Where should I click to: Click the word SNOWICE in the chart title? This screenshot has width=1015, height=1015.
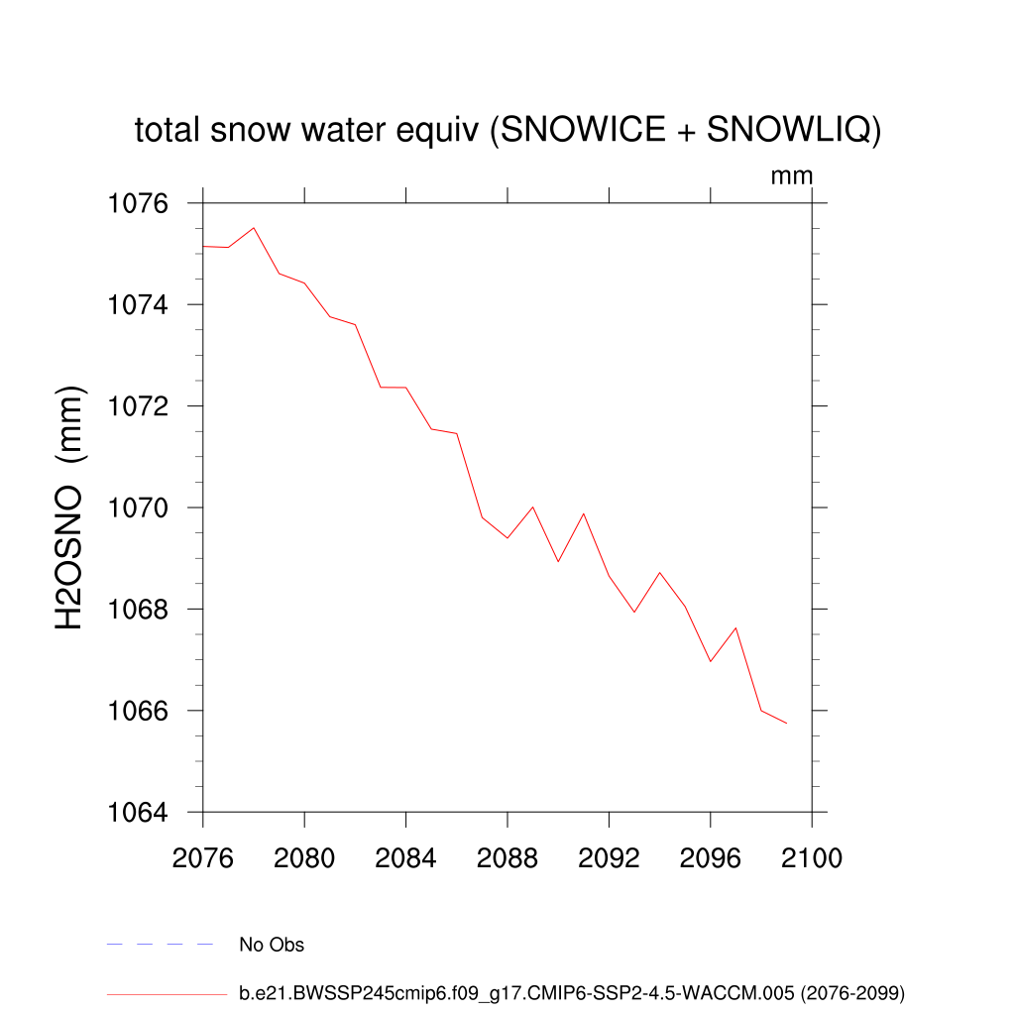click(x=573, y=130)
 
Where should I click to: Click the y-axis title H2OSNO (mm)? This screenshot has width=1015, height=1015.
click(x=69, y=508)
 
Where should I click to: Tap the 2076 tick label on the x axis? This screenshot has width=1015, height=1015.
click(x=202, y=858)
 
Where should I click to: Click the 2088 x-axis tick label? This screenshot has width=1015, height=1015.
click(x=507, y=858)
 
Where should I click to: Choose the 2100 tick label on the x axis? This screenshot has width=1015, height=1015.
click(x=812, y=858)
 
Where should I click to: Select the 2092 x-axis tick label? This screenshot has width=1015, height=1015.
click(x=609, y=858)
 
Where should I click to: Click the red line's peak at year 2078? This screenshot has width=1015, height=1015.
click(x=254, y=228)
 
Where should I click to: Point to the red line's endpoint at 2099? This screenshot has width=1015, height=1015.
click(x=786, y=724)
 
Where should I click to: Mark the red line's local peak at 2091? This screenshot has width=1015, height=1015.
click(x=584, y=513)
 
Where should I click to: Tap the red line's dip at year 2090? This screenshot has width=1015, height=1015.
click(x=558, y=561)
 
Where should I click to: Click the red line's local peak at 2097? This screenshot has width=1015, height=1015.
click(x=735, y=627)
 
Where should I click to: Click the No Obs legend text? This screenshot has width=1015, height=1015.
click(x=272, y=945)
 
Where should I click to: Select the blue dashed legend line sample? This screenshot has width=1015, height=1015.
click(x=161, y=945)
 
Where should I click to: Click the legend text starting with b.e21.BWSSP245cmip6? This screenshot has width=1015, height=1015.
click(x=572, y=992)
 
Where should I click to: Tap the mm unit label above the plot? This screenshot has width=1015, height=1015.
click(x=792, y=176)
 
